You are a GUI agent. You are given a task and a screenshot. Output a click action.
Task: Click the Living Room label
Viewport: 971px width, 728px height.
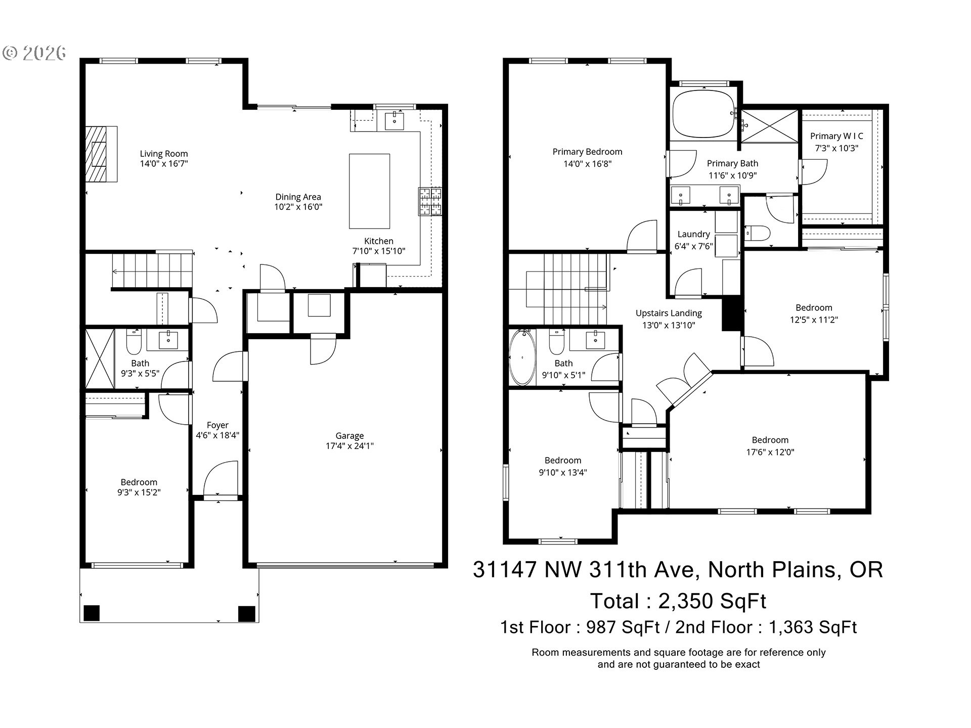164,154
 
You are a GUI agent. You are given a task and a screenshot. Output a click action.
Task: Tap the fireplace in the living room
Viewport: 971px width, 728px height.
101,154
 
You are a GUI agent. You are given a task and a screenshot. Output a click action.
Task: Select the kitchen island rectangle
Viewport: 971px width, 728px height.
369,191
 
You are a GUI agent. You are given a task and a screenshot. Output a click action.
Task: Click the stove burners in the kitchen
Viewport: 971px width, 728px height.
429,202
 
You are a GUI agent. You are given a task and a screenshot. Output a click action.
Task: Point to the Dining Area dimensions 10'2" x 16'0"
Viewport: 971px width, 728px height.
298,207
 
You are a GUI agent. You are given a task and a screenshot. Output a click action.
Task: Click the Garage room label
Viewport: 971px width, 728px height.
349,436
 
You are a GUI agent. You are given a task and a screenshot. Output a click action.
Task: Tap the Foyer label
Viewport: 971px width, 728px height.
217,425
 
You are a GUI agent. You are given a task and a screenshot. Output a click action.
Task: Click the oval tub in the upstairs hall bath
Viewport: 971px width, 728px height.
522,357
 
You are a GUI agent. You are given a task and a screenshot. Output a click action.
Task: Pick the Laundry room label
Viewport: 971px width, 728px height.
693,234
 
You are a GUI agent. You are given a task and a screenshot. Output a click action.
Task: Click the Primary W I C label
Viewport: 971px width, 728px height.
836,136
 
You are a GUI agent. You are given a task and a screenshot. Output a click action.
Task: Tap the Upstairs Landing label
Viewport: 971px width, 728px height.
669,313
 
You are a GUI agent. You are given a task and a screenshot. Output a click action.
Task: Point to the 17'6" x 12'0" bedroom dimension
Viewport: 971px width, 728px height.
770,452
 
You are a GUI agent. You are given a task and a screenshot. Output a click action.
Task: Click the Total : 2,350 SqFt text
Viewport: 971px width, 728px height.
678,601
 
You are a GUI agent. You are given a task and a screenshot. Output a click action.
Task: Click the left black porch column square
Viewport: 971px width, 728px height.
92,613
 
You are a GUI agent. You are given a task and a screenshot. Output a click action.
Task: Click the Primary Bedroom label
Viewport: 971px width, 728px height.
587,152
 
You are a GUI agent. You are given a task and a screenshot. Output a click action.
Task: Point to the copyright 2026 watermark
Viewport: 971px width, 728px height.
34,53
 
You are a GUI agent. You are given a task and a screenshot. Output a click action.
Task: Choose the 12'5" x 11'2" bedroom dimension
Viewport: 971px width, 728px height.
814,320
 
